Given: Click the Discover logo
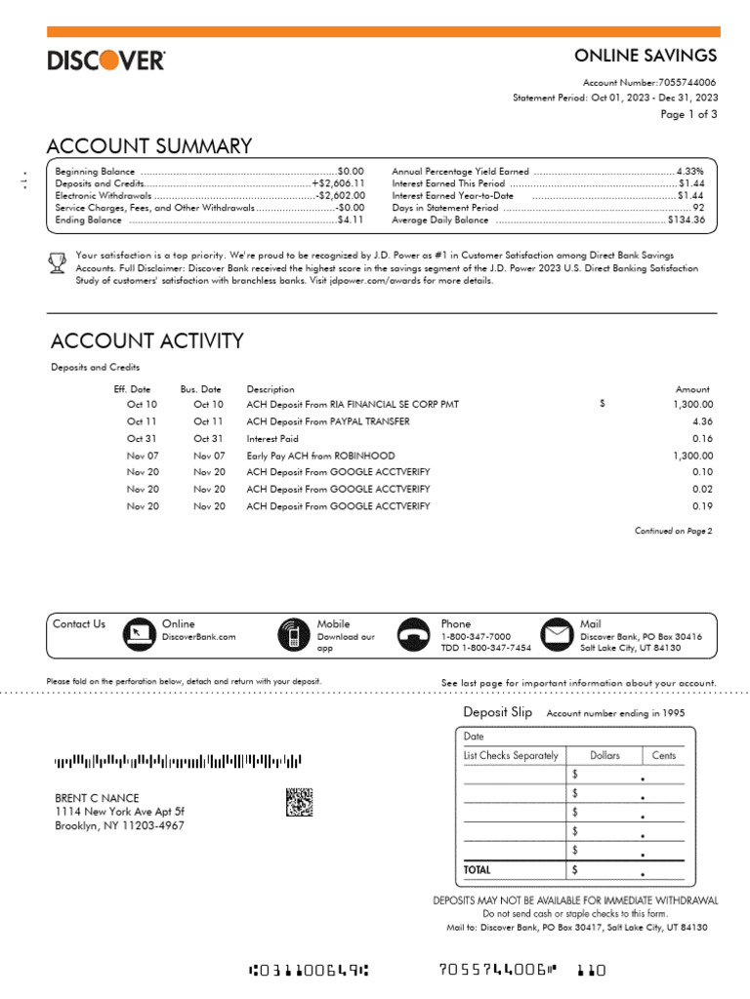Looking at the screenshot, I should [x=106, y=60].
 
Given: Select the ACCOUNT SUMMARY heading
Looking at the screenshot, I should [x=149, y=146].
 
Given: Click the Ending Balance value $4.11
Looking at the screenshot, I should [x=351, y=220].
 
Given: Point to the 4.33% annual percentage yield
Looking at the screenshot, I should [x=689, y=171].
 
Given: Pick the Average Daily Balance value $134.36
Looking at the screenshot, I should [x=687, y=220].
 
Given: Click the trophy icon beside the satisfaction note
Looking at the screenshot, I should [x=58, y=261].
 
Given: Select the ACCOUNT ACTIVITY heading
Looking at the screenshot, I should [x=146, y=340].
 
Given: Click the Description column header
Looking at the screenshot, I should [x=271, y=389].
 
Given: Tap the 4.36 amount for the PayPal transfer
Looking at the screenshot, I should [x=702, y=421].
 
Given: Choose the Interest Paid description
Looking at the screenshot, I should [x=272, y=439].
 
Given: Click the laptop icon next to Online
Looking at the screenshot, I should [x=139, y=635].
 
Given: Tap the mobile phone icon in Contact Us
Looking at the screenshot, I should [x=291, y=635].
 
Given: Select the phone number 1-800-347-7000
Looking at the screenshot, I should [x=476, y=637].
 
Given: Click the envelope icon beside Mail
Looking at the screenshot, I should [x=558, y=635].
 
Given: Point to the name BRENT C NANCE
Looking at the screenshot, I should [x=97, y=798].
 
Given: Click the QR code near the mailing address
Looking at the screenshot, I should [x=300, y=801].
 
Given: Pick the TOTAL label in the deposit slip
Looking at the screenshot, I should [x=478, y=869].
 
